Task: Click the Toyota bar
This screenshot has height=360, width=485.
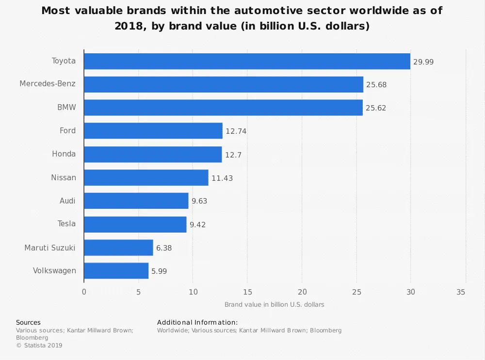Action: (x=247, y=61)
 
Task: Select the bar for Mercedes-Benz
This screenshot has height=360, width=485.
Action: (x=224, y=84)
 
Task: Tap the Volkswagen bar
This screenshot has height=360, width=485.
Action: (x=116, y=271)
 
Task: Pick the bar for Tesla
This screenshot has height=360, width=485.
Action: (x=135, y=224)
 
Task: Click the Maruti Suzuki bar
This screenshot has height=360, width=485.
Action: (x=118, y=248)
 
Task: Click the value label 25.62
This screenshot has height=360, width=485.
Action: (x=375, y=108)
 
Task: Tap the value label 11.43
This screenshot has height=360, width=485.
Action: (x=222, y=178)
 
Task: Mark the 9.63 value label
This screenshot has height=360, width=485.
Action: (x=199, y=201)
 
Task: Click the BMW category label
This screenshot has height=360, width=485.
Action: (x=66, y=108)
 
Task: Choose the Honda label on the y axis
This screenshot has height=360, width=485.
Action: (x=64, y=154)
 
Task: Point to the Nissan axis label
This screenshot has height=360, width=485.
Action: (x=64, y=177)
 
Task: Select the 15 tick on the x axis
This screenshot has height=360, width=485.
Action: (x=247, y=292)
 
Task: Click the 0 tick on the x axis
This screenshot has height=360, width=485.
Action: (x=84, y=292)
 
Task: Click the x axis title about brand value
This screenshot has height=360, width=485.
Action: (x=274, y=305)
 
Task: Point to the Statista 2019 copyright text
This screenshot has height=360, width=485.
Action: (x=39, y=345)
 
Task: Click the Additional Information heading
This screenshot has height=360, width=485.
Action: (x=197, y=322)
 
